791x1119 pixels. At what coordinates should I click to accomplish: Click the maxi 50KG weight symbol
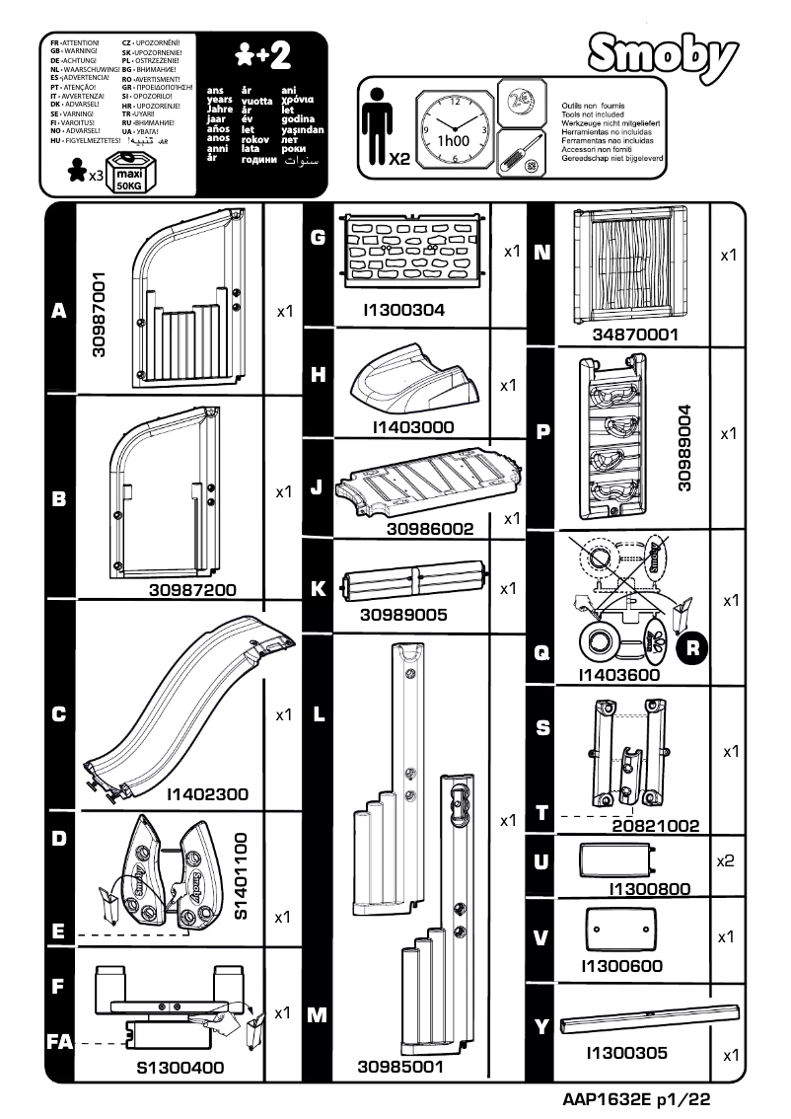[129, 172]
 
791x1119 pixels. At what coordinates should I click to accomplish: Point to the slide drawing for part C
[187, 704]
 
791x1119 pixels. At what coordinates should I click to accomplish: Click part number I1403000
[413, 427]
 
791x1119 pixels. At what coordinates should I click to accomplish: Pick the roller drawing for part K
[412, 585]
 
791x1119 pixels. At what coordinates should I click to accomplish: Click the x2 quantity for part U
[725, 860]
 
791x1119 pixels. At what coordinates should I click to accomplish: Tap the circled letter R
[694, 648]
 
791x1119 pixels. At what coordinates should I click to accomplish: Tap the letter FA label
[59, 1043]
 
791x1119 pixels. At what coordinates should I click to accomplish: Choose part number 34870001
[635, 335]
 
